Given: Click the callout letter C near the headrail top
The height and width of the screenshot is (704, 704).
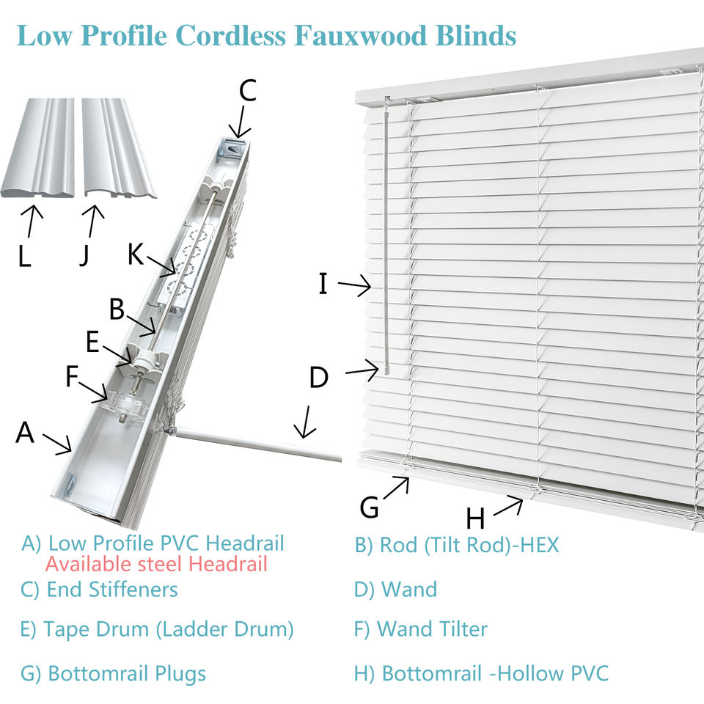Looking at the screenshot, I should pos(247,91).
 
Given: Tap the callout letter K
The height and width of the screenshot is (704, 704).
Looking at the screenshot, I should pos(136,254).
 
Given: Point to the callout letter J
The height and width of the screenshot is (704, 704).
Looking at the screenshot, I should pos(86,255).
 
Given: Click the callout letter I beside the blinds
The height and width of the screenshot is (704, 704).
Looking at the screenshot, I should pos(323,283).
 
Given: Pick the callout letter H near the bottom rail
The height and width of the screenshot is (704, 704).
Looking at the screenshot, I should pos(475,518).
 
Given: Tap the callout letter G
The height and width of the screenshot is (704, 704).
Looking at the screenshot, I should pos(370,507).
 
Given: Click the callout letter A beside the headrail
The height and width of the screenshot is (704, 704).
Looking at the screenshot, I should pos(25,433).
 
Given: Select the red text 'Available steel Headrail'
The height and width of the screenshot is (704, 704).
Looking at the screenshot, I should pos(155,564).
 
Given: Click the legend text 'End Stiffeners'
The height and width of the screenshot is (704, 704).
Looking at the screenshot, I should pos(111,589).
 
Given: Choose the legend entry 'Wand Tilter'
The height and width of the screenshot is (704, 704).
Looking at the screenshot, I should pos(431,628).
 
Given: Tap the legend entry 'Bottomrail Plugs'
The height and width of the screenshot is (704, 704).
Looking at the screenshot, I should pos(126,674).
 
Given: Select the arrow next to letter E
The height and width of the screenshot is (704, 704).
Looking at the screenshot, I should pos(118,351).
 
